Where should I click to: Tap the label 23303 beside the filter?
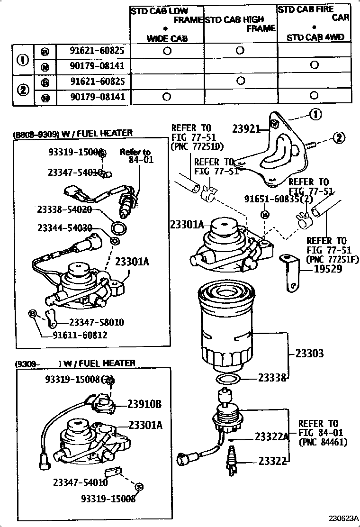(310, 353)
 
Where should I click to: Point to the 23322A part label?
(272, 436)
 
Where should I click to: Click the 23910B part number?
(144, 404)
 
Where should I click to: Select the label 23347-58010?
(97, 322)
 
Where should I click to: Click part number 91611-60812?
(80, 336)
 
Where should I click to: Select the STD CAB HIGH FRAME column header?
(240, 24)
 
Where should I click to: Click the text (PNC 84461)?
(323, 442)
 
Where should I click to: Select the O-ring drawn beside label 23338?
(227, 379)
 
